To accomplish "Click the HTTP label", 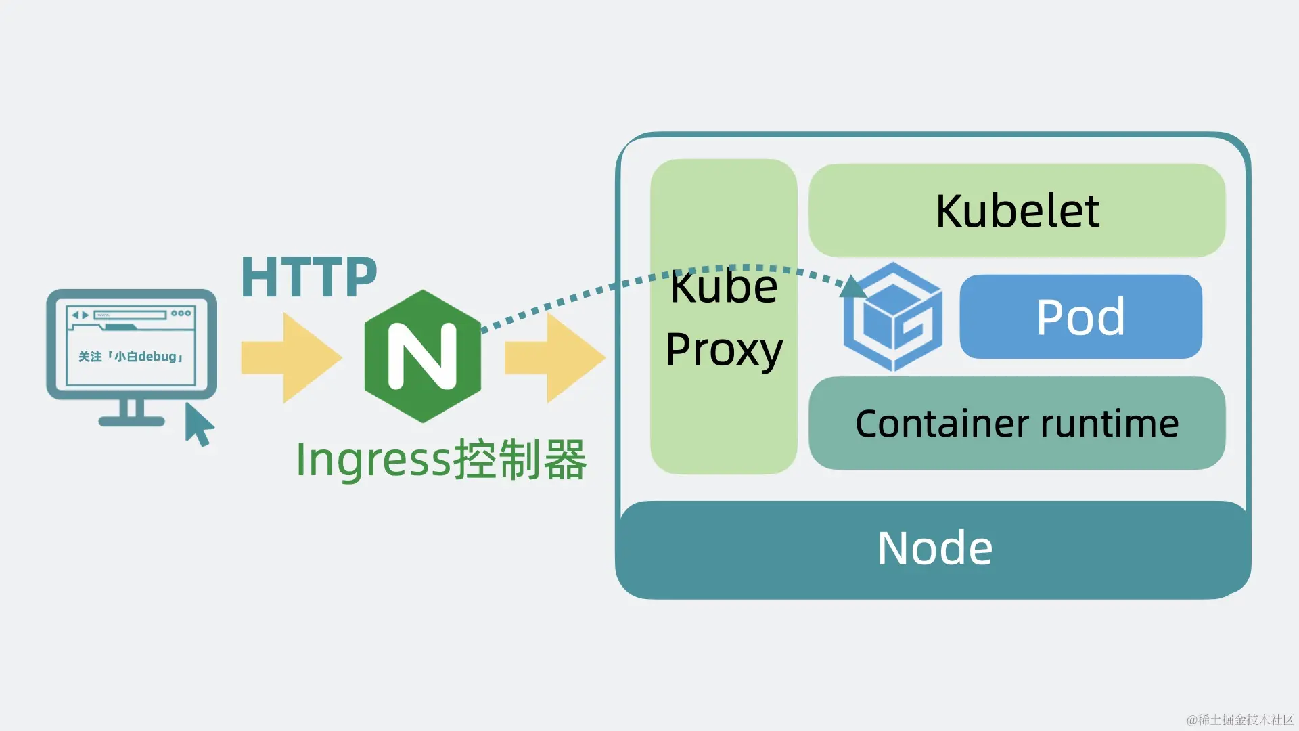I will tap(309, 277).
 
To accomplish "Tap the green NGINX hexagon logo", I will tap(422, 356).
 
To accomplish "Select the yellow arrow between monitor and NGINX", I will tap(291, 357).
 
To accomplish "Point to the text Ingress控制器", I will tap(441, 460).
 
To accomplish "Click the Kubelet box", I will tap(1017, 211).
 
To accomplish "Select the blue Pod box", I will tap(1080, 317).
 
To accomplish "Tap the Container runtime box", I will tap(1017, 424).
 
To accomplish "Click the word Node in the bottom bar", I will tap(934, 548).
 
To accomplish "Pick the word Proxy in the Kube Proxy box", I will tap(724, 350).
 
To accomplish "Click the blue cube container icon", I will tap(893, 317).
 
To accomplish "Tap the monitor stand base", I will tap(131, 421).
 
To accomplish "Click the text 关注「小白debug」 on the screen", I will tap(131, 357).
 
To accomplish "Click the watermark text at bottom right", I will tap(1239, 719).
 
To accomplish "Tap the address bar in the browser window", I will tap(130, 315).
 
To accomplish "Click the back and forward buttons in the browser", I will tap(81, 315).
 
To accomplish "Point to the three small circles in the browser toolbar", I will tap(181, 313).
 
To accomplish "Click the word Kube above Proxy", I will tap(724, 287).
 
